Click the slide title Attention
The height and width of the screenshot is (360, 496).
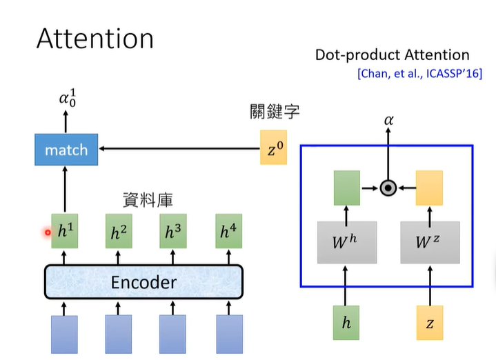coord(95,39)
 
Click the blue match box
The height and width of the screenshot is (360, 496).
coord(66,150)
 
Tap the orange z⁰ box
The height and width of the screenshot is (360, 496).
coord(273,148)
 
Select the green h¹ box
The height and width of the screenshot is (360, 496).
coord(65,232)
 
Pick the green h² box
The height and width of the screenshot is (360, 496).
coord(119,232)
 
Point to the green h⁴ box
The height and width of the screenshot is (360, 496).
coord(229,232)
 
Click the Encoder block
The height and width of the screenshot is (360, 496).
coord(144,282)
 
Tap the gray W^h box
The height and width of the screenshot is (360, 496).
coord(347,242)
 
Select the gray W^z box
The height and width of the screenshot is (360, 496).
coord(430,242)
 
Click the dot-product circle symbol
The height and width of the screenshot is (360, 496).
coord(388,188)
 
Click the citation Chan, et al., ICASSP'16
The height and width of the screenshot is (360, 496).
coord(419,73)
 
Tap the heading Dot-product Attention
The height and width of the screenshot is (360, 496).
coord(392,55)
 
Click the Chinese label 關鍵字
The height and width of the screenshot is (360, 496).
coord(275,112)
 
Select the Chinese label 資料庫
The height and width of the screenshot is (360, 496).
coord(147,201)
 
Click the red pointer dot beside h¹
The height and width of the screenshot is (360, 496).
coord(48,232)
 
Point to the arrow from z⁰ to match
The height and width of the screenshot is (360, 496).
coord(179,148)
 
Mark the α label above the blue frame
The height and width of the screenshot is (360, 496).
coord(388,120)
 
